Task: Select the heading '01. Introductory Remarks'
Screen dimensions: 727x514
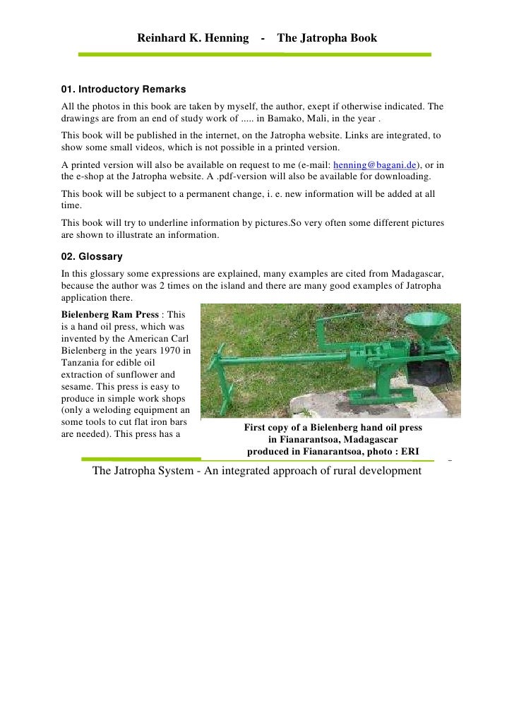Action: (124, 90)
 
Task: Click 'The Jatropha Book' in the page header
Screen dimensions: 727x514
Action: (327, 37)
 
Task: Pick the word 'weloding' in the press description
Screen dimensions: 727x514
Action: (114, 411)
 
